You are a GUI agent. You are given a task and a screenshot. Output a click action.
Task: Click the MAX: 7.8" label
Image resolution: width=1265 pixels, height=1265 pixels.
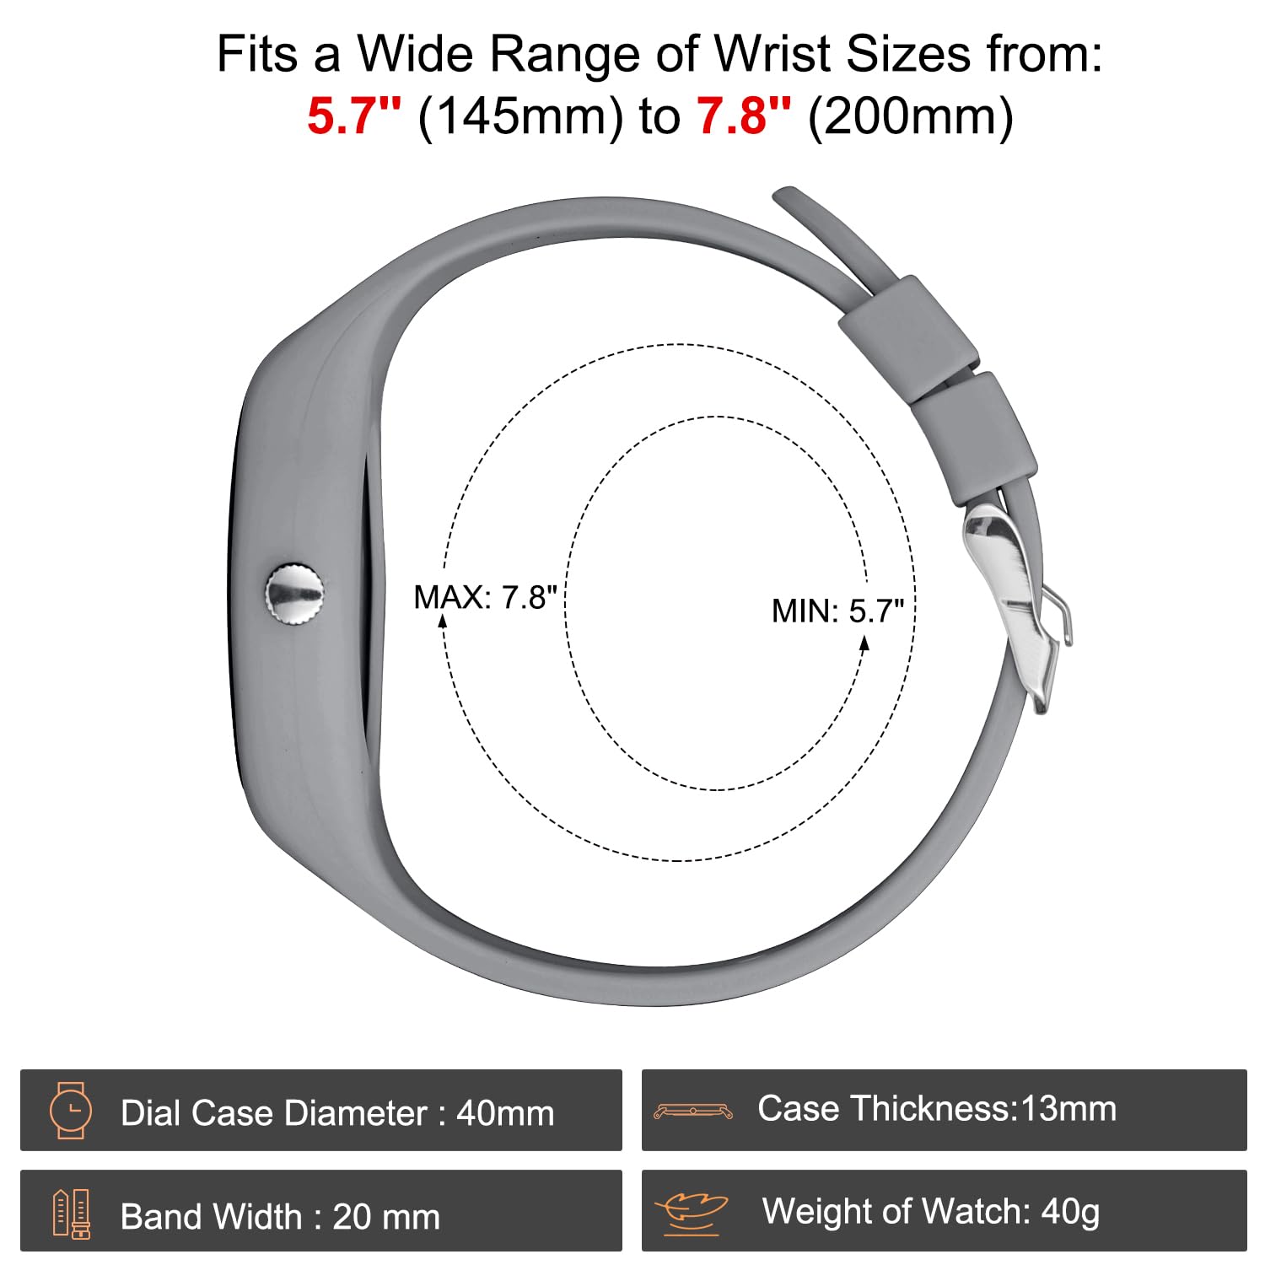pyautogui.click(x=485, y=597)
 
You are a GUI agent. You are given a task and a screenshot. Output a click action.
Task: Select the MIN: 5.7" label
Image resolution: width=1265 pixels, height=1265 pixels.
pyautogui.click(x=837, y=611)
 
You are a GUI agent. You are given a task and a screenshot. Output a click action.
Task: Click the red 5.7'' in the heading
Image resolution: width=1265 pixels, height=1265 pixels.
pyautogui.click(x=354, y=116)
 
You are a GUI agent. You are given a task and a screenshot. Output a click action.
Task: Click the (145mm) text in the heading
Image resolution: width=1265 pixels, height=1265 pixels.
pyautogui.click(x=520, y=116)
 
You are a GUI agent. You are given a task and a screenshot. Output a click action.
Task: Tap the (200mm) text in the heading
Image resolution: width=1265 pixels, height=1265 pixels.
pyautogui.click(x=911, y=116)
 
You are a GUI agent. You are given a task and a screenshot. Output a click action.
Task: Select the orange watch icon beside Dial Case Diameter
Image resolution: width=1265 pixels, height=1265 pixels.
pyautogui.click(x=71, y=1110)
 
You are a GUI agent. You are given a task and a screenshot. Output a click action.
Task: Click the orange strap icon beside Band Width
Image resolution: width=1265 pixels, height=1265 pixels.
pyautogui.click(x=72, y=1214)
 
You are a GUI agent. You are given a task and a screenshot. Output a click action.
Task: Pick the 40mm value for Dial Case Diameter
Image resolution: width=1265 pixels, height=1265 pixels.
pyautogui.click(x=505, y=1113)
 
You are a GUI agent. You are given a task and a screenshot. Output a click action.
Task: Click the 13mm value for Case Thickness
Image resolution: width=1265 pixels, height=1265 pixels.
pyautogui.click(x=1069, y=1108)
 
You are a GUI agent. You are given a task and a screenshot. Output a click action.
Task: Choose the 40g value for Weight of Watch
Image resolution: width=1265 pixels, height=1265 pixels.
pyautogui.click(x=1070, y=1213)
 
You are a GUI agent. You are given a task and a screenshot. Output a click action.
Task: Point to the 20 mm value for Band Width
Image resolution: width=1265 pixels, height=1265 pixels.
pyautogui.click(x=386, y=1217)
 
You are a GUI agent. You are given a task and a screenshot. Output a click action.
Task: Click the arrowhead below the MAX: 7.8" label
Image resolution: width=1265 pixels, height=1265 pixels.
pyautogui.click(x=443, y=622)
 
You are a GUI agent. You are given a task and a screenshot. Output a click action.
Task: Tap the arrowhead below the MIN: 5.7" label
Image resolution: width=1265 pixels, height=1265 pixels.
pyautogui.click(x=864, y=643)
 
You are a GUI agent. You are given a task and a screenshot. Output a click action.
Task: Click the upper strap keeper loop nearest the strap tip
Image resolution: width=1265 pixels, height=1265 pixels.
pyautogui.click(x=908, y=336)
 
